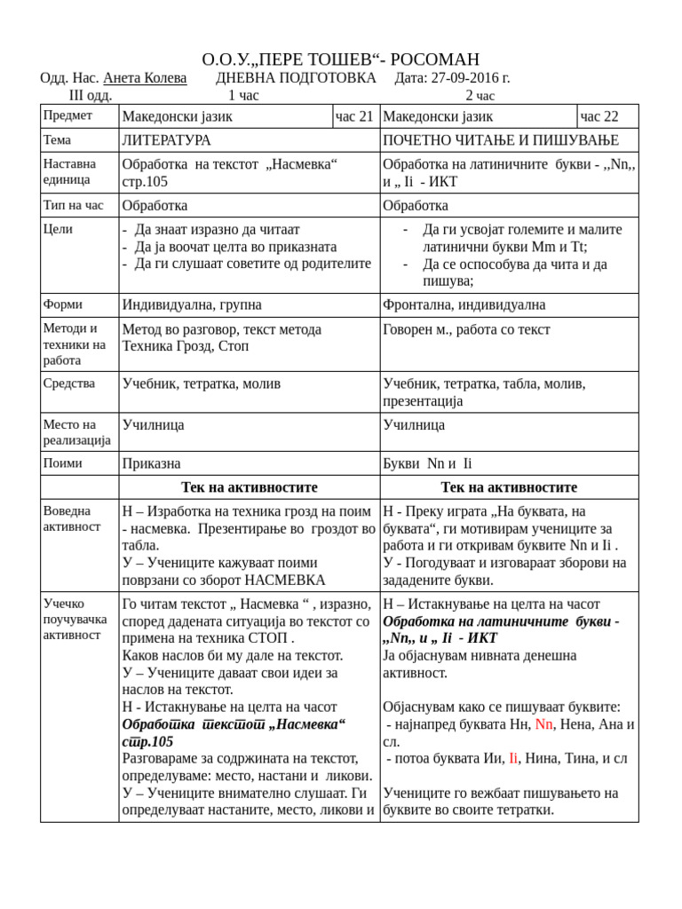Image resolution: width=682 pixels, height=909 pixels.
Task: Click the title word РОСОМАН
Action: click(434, 59)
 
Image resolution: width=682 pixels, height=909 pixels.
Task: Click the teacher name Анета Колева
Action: click(145, 78)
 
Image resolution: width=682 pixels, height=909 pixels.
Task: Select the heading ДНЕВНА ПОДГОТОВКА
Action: click(296, 78)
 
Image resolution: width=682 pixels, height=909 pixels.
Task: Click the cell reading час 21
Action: click(354, 116)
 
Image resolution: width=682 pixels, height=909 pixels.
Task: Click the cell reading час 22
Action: click(599, 116)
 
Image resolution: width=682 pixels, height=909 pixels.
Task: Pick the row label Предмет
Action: click(67, 115)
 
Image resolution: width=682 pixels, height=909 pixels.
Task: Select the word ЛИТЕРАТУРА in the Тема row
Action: click(166, 140)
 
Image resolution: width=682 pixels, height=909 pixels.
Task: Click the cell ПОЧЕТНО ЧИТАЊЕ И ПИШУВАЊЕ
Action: click(501, 140)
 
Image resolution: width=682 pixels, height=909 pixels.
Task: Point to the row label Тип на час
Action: click(73, 205)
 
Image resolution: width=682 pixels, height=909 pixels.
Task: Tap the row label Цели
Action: click(58, 229)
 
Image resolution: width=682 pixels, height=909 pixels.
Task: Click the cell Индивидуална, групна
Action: click(192, 305)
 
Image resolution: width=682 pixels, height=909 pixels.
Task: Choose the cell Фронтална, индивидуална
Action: click(464, 305)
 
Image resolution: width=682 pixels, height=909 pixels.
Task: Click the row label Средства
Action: click(69, 383)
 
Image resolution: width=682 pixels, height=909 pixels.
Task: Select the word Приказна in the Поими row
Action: click(151, 463)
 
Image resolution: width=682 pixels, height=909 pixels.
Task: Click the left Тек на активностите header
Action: click(250, 487)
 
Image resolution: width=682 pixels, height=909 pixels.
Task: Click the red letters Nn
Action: click(543, 724)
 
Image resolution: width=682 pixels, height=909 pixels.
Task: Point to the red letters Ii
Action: click(512, 758)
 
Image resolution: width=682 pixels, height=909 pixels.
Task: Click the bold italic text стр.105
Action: click(147, 741)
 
